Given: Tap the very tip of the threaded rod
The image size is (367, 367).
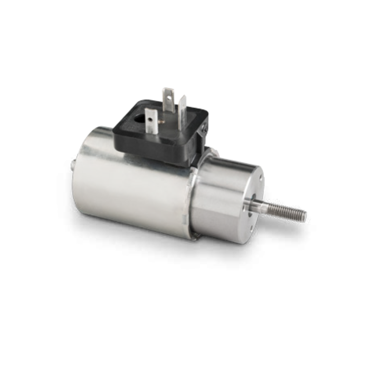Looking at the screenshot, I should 305,216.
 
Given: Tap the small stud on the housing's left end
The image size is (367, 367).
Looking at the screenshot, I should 73,165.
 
